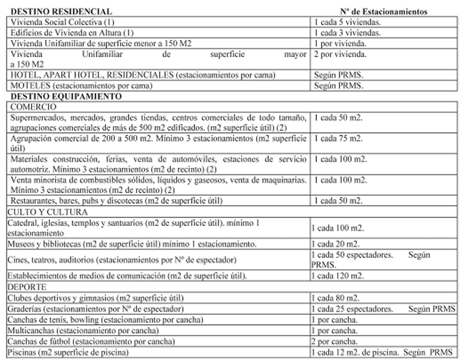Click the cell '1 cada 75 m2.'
[338, 139]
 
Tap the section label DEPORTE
[28, 287]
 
